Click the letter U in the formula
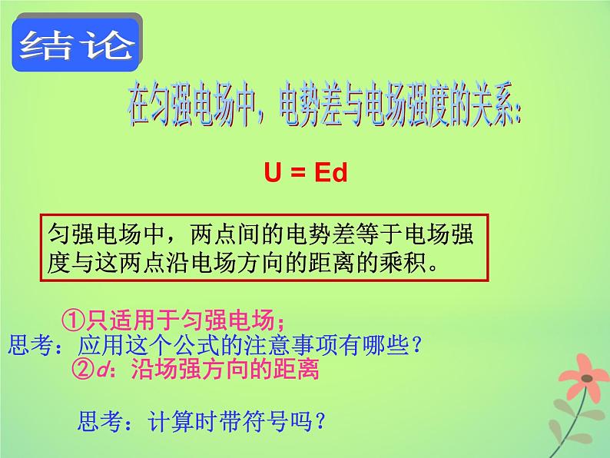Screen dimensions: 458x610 (x=272, y=173)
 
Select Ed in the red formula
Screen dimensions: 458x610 (x=330, y=173)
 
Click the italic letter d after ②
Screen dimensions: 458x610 (x=104, y=370)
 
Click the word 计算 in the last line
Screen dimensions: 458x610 (x=152, y=421)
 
